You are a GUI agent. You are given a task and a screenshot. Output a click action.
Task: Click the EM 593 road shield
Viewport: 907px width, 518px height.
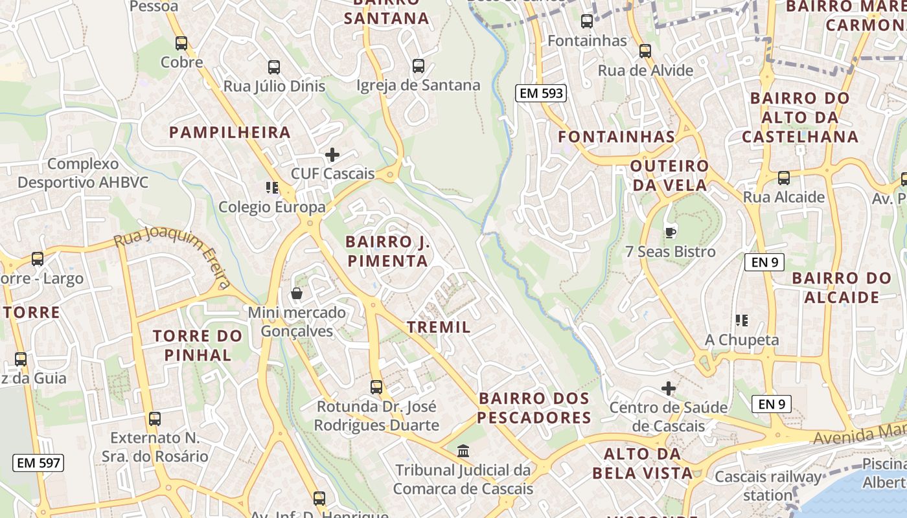542,93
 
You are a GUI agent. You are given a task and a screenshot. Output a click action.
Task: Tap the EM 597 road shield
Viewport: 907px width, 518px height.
38,463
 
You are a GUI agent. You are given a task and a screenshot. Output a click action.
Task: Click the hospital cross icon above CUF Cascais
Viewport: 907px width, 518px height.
332,155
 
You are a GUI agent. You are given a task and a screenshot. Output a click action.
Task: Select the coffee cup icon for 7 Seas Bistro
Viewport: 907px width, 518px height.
671,232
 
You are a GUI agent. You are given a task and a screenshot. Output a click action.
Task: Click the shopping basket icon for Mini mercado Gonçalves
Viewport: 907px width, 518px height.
297,294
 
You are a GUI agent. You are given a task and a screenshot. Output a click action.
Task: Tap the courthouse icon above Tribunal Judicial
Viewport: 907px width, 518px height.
463,451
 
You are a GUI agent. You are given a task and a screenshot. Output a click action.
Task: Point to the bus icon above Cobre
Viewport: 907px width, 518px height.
181,43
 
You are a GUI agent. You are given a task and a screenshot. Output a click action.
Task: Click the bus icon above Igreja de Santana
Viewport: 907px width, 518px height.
419,66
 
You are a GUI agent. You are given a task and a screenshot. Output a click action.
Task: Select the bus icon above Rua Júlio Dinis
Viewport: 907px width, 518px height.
274,67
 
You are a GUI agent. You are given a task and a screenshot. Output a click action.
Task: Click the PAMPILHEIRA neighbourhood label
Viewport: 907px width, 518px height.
230,133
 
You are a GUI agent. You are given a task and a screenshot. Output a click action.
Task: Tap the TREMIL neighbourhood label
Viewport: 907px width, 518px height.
439,327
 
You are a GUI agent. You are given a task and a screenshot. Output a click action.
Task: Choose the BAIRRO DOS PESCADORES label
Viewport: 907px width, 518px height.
534,408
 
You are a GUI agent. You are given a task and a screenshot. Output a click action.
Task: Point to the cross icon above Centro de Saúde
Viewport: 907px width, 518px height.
669,388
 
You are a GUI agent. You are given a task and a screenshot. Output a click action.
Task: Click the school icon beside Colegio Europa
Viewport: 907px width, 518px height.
272,188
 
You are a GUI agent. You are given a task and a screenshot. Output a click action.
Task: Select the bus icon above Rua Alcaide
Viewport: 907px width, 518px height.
784,177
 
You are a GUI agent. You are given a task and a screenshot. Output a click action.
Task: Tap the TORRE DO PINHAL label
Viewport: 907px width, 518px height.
198,346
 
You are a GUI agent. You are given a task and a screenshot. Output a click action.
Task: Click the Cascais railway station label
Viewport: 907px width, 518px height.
768,486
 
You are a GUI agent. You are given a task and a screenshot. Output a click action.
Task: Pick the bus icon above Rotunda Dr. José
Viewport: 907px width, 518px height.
376,387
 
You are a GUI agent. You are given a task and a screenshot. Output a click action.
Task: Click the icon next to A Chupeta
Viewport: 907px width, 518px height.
742,321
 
